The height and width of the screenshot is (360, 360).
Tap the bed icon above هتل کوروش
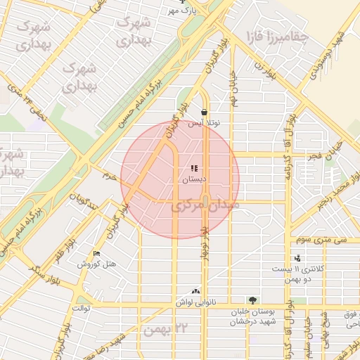96,254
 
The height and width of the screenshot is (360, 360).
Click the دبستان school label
195,180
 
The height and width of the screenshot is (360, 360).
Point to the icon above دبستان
195,169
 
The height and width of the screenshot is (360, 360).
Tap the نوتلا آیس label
204,123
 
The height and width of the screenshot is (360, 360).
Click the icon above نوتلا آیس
204,112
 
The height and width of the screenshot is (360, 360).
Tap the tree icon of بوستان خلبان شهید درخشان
252,300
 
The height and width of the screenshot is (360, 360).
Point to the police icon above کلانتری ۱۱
297,259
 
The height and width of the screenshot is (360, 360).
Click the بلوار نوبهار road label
203,243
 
